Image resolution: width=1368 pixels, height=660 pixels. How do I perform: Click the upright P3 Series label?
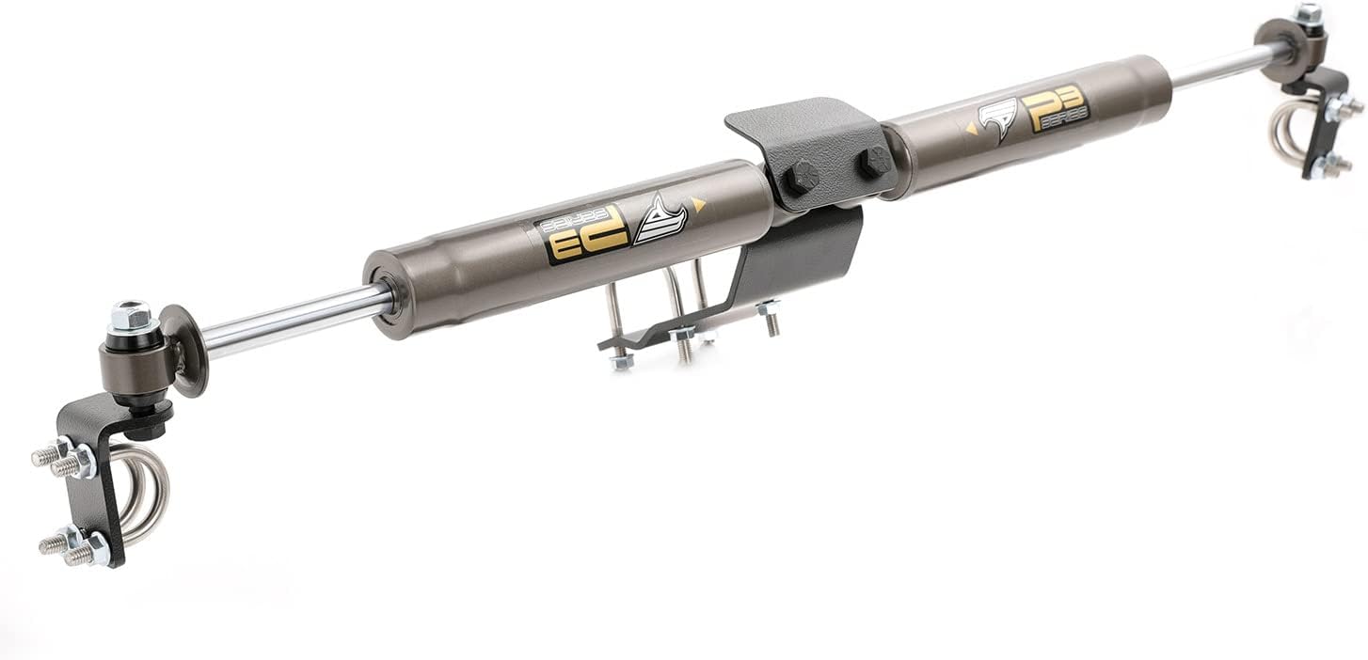coord(1055,109)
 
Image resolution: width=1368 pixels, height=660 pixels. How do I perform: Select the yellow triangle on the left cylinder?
coord(698,202)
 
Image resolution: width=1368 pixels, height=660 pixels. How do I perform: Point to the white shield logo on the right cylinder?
coord(999,119)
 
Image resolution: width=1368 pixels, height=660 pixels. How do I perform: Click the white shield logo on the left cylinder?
coord(660,221)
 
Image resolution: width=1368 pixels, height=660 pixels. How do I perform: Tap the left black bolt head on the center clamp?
coord(802,176)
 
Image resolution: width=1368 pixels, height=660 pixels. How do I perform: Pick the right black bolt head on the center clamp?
coord(873,161)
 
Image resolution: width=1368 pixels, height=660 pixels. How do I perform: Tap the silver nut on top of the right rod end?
coord(1308,14)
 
